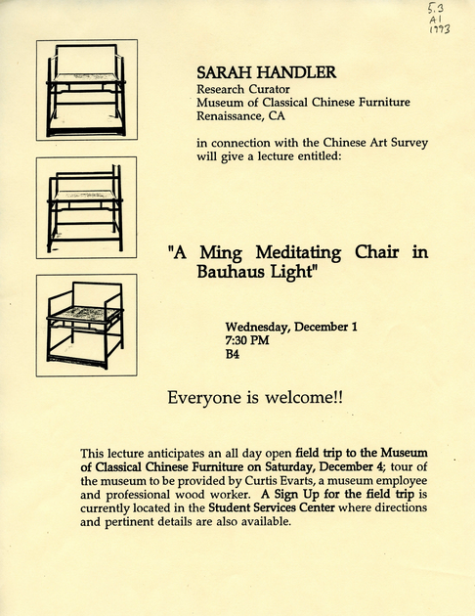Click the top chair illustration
click(x=86, y=90)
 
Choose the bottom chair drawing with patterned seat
click(x=86, y=325)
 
